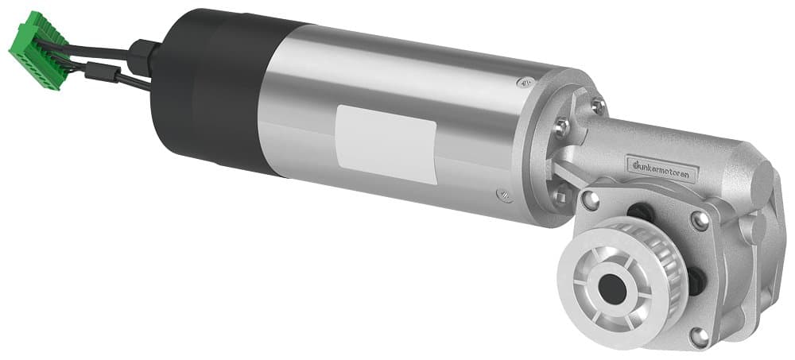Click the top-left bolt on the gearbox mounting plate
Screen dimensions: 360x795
pyautogui.click(x=588, y=197)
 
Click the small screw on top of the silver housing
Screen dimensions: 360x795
pyautogui.click(x=525, y=82)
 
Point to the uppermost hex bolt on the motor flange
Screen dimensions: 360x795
pyautogui.click(x=597, y=104)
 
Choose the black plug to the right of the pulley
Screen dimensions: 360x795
pyautogui.click(x=694, y=278)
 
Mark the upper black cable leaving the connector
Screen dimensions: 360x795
pyautogui.click(x=95, y=50)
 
